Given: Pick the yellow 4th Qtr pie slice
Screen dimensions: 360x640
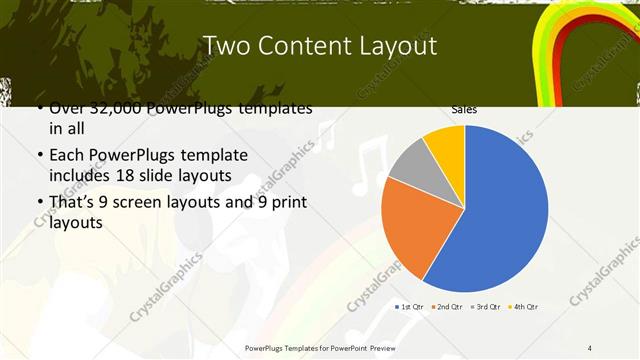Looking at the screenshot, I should [446, 146].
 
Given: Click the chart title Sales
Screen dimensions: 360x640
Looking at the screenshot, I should [464, 109].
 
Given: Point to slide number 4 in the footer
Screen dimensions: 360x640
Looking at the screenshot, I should [590, 348].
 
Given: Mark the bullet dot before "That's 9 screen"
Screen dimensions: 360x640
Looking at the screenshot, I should [38, 203].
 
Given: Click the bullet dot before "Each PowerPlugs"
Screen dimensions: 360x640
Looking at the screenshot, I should [38, 157].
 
